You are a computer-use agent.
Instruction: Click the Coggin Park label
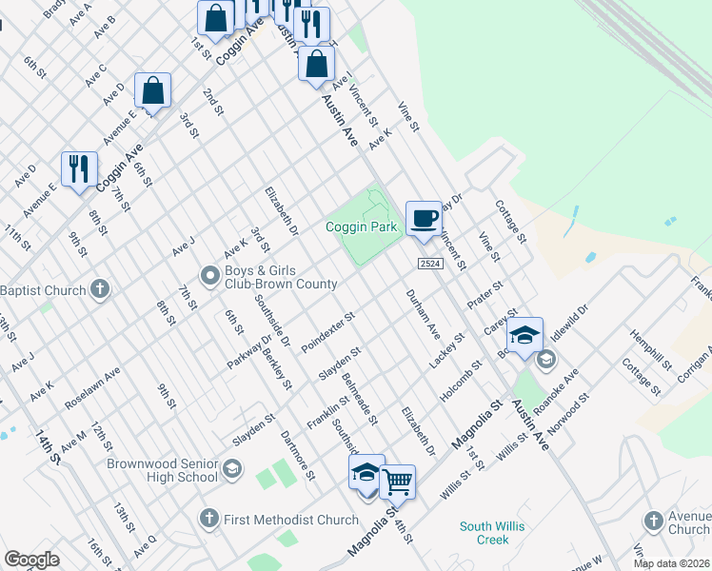tap(361, 227)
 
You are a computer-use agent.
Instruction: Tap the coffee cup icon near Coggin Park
tap(424, 219)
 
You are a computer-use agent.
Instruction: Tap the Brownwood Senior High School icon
tap(232, 469)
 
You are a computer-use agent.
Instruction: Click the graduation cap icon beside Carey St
tap(524, 335)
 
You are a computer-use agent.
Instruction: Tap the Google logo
tap(32, 560)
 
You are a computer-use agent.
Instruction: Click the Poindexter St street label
tap(328, 328)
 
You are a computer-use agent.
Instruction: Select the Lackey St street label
tap(445, 351)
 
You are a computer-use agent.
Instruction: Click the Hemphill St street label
tap(646, 349)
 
